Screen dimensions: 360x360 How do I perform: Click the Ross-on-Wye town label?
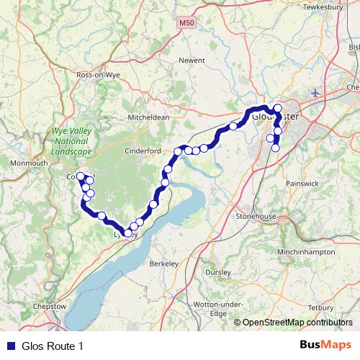click(97, 73)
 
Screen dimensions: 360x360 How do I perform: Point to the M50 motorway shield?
click(186, 24)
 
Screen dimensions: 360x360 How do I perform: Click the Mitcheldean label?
click(148, 117)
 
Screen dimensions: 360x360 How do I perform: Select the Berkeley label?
click(163, 264)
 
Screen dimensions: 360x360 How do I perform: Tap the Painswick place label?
click(301, 184)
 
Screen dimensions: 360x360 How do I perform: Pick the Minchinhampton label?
click(305, 252)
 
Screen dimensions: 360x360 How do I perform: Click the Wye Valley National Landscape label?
click(71, 142)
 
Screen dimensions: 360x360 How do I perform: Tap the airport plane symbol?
click(315, 93)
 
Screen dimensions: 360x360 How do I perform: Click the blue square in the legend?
click(10, 346)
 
